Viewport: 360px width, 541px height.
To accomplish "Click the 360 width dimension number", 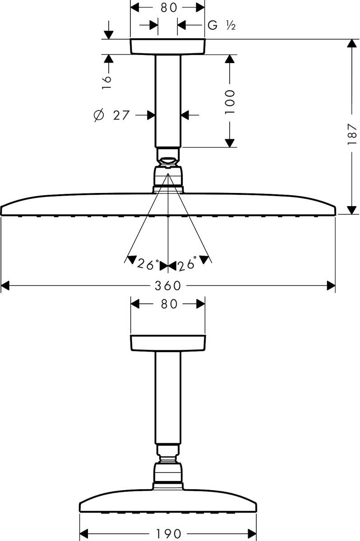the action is click(168, 286).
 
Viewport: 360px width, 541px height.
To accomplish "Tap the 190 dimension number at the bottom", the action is click(168, 533).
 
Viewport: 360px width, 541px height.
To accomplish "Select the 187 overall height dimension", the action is click(352, 134).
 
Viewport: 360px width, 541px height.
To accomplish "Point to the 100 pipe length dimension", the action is click(230, 102).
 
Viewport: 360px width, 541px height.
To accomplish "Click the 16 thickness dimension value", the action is click(106, 83).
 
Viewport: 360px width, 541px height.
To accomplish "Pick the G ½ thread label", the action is click(222, 25).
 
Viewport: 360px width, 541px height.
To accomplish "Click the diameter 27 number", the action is click(121, 115).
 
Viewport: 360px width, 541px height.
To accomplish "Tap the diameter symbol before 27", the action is click(99, 115).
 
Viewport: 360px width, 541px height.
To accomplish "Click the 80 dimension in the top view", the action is click(168, 8).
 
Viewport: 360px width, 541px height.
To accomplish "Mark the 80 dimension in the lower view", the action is click(169, 304).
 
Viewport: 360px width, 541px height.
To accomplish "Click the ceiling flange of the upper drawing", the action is click(168, 46).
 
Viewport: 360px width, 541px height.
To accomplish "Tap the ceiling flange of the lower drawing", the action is click(168, 343).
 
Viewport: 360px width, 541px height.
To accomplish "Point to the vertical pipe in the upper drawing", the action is click(168, 101).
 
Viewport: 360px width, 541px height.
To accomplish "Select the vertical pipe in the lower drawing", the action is click(168, 398).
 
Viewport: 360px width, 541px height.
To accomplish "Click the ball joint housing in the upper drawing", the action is click(168, 177).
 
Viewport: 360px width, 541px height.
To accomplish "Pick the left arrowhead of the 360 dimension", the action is click(5, 285).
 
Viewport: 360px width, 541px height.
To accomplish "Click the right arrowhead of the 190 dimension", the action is click(252, 533).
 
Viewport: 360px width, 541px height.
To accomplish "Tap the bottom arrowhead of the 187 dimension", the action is click(352, 210).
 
